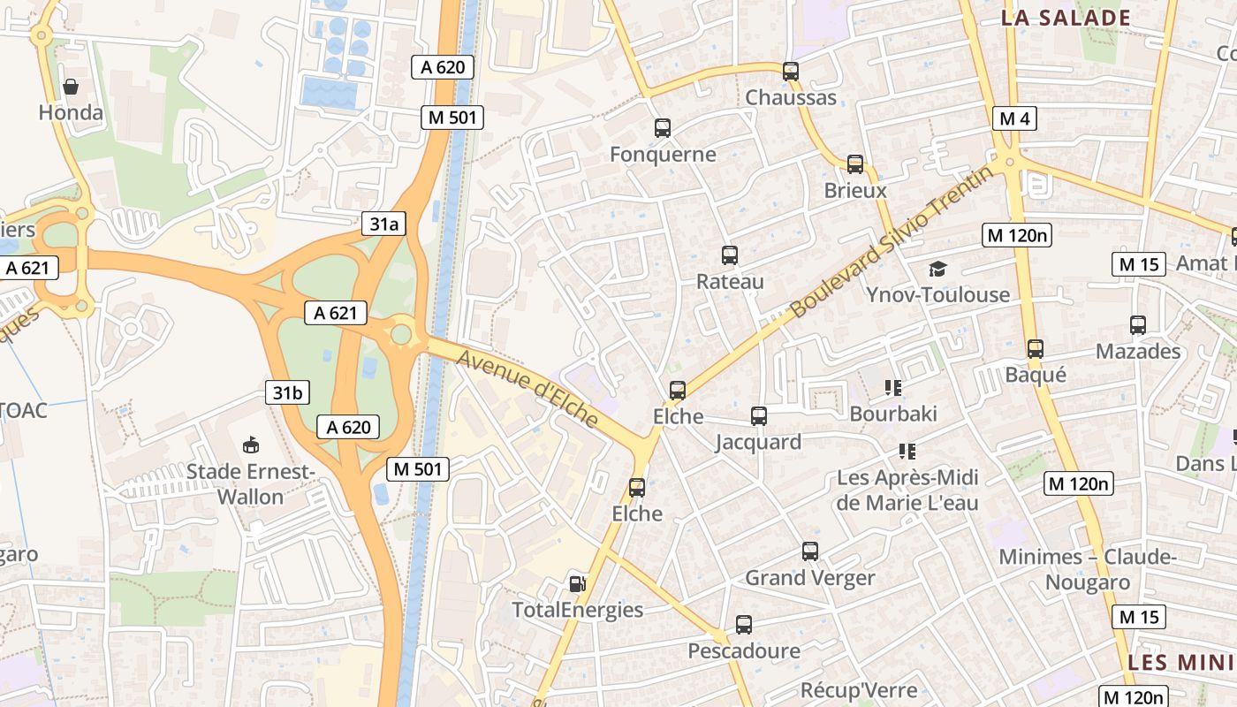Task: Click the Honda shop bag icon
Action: point(71,87)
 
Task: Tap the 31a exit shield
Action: point(383,224)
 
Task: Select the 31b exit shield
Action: point(287,393)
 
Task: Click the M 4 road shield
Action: point(1013,118)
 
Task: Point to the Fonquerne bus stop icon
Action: point(663,128)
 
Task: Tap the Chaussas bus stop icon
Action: point(791,72)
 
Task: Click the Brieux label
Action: point(855,191)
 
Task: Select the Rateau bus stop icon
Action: point(730,255)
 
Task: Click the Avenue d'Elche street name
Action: point(529,387)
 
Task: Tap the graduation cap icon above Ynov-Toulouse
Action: point(937,269)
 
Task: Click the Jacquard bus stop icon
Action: point(758,416)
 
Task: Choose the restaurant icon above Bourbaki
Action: point(893,387)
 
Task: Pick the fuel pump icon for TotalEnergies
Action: point(577,583)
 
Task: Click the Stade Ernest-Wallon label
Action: point(251,484)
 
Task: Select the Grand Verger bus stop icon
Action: point(810,551)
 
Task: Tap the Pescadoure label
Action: point(744,651)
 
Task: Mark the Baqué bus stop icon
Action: point(1036,349)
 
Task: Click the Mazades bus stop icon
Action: point(1138,325)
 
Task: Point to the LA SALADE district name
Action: point(1066,18)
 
